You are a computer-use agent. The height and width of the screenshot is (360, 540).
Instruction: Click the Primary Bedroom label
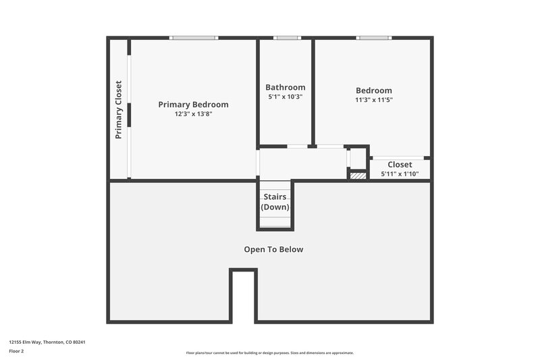(x=193, y=105)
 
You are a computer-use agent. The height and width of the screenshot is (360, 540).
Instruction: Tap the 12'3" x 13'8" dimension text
(x=193, y=114)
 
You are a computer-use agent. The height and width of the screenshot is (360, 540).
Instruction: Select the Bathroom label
(x=285, y=87)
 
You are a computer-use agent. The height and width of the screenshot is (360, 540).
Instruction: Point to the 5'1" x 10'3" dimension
(x=285, y=97)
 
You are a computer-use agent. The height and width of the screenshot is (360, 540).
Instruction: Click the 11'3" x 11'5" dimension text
(x=374, y=100)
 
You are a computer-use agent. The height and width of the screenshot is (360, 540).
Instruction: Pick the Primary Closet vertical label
(x=119, y=109)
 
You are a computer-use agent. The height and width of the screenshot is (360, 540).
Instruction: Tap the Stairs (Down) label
(x=275, y=202)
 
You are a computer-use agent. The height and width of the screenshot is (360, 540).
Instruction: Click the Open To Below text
(x=273, y=249)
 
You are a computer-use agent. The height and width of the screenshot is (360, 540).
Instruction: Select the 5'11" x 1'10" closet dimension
(x=400, y=174)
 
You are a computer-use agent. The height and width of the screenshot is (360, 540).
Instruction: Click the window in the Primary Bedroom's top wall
(x=194, y=38)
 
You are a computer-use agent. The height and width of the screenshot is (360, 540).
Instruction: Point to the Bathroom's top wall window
(x=286, y=38)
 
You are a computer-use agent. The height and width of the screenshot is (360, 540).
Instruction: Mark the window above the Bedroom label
(x=374, y=38)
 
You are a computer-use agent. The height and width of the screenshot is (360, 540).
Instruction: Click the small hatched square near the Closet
(x=358, y=176)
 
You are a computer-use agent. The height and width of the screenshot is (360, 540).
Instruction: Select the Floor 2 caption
(x=16, y=351)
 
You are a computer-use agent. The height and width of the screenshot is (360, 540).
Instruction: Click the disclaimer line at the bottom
(x=269, y=353)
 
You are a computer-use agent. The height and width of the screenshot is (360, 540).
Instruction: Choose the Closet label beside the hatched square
(x=400, y=164)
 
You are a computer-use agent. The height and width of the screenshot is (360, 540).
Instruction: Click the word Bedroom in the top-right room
(x=374, y=91)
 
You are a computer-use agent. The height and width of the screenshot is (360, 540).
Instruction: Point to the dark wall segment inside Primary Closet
(x=128, y=115)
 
